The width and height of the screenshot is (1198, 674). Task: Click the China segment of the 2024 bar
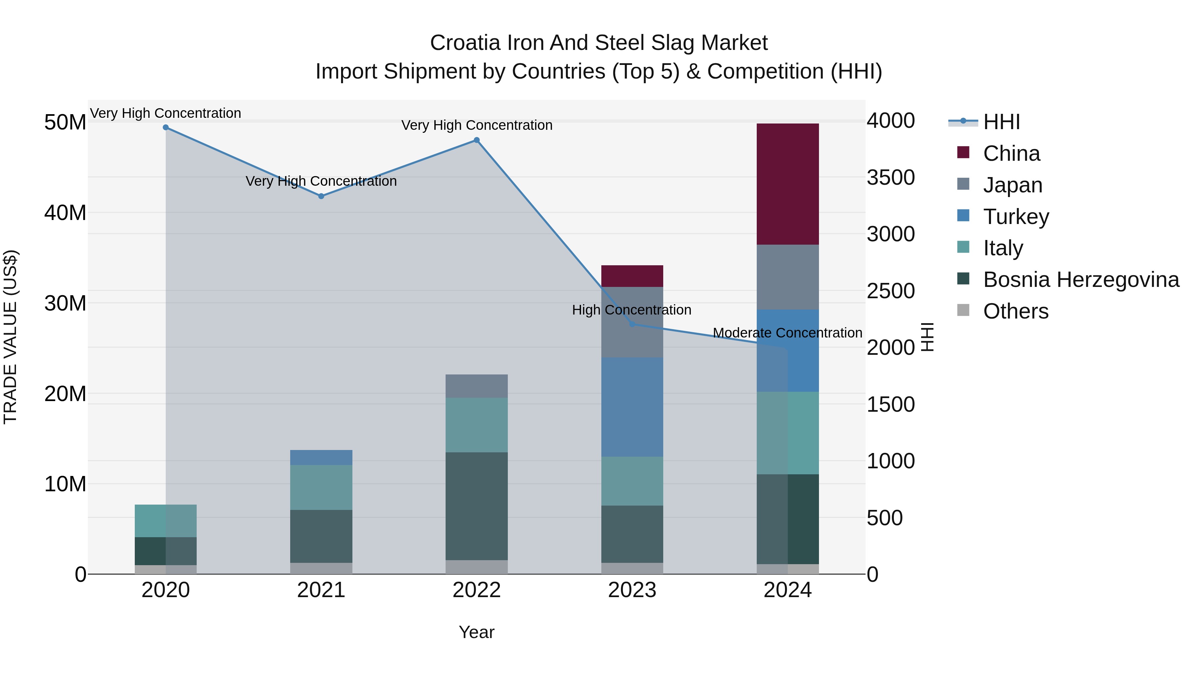[787, 184]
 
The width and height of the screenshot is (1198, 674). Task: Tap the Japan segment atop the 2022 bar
[476, 386]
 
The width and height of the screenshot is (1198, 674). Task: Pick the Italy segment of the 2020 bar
[166, 521]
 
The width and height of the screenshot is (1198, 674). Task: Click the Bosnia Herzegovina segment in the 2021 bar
[321, 536]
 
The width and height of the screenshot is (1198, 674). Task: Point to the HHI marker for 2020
[166, 127]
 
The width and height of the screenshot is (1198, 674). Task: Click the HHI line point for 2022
[476, 140]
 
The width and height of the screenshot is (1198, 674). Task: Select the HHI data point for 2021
[321, 196]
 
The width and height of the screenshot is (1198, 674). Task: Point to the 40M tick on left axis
[65, 213]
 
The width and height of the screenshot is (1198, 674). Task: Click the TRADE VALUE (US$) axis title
[10, 337]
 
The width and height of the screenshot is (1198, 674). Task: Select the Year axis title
[476, 632]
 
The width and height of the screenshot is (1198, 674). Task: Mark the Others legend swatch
[963, 310]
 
